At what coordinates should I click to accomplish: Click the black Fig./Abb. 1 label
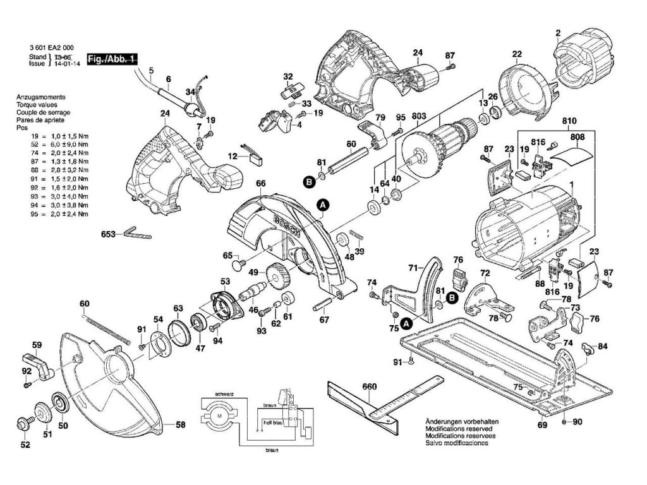[x=112, y=58]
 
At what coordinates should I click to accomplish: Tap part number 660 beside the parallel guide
[x=370, y=386]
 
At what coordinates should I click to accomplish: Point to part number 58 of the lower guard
[x=180, y=425]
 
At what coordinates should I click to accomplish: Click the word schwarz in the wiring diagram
[x=224, y=394]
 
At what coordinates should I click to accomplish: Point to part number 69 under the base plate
[x=541, y=424]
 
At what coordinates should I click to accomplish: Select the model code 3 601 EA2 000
[x=51, y=47]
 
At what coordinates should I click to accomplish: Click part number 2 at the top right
[x=558, y=33]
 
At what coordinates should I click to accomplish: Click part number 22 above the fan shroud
[x=517, y=55]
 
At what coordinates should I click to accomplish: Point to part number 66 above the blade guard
[x=260, y=184]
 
